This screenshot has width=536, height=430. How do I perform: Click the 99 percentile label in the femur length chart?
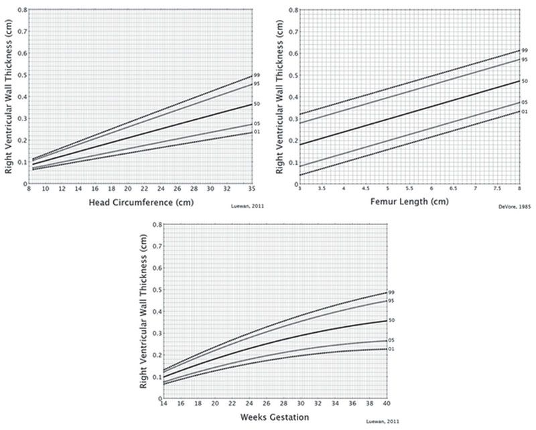pos(525,50)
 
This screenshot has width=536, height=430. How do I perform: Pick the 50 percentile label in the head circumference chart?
pos(257,104)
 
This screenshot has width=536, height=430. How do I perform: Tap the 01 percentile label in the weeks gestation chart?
pos(391,349)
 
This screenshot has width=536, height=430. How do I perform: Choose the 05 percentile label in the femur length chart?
pos(525,102)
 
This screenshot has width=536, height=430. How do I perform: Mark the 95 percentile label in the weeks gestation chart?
pos(391,301)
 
